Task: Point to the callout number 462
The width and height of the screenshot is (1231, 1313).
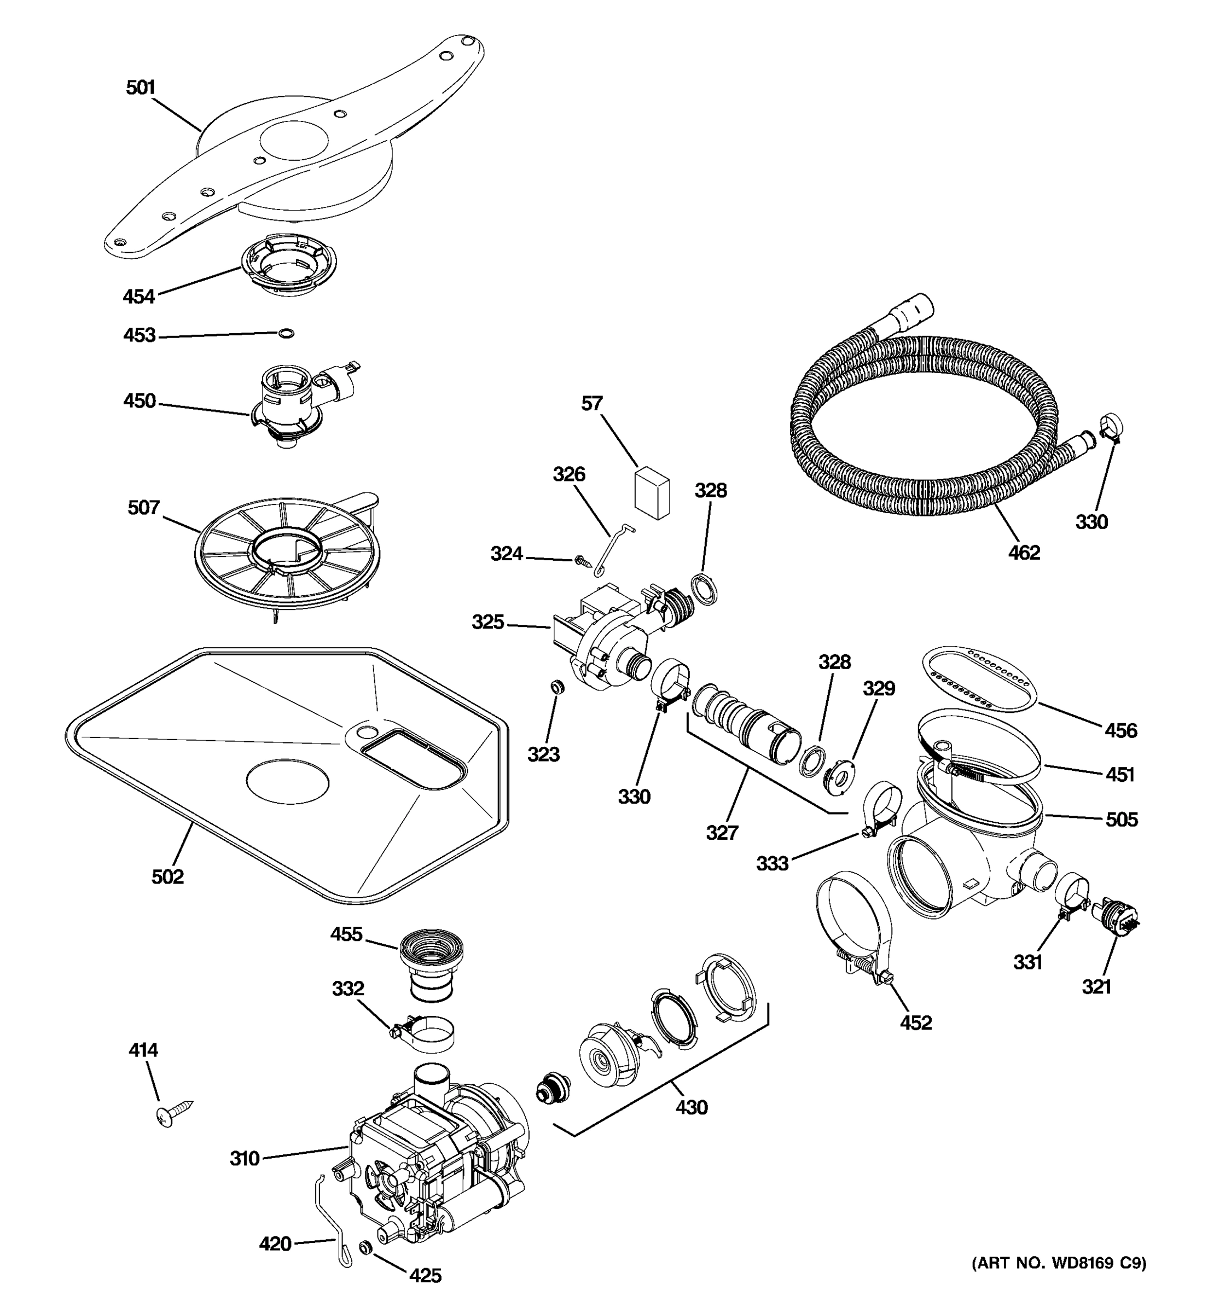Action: [1024, 552]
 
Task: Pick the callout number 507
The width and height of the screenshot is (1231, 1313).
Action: [143, 507]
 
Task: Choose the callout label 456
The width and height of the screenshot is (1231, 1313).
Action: [1120, 730]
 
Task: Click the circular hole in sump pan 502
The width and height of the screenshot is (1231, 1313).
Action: [287, 781]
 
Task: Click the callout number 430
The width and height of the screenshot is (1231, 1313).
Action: [691, 1107]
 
